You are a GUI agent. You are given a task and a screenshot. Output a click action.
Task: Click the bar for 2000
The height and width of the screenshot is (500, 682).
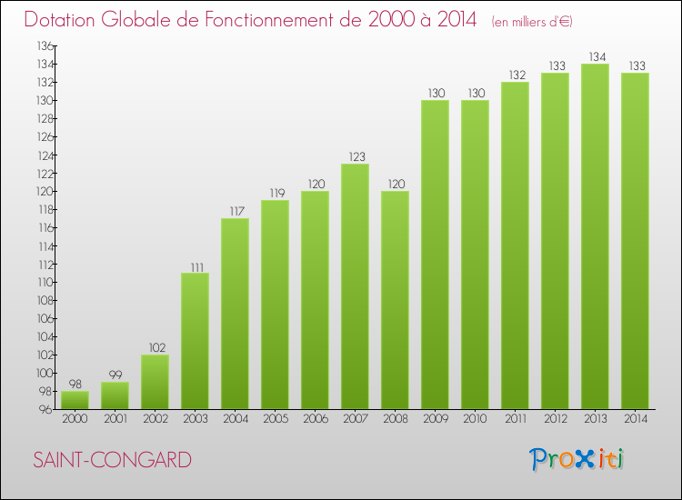pyautogui.click(x=75, y=399)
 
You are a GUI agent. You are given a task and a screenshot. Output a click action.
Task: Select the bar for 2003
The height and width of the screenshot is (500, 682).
pyautogui.click(x=195, y=341)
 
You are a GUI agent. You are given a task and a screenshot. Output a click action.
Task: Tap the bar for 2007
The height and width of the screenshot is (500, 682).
pyautogui.click(x=355, y=286)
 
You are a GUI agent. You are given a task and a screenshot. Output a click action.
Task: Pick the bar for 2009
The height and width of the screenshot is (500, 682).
pyautogui.click(x=435, y=255)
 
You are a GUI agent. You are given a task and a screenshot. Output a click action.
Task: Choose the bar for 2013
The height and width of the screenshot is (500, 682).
pyautogui.click(x=595, y=236)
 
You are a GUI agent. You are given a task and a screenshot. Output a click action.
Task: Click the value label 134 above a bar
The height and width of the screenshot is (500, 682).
pyautogui.click(x=595, y=56)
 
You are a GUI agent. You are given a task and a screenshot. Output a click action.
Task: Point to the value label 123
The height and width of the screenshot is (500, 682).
pyautogui.click(x=355, y=156)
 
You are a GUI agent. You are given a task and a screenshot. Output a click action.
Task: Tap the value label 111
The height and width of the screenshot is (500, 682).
pyautogui.click(x=195, y=265)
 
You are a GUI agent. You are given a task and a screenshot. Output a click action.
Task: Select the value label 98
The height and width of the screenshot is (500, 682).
pyautogui.click(x=75, y=384)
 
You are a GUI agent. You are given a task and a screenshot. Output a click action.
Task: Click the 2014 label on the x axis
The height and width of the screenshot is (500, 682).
pyautogui.click(x=635, y=418)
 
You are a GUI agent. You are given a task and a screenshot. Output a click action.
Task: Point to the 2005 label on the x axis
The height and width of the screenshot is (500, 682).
pyautogui.click(x=275, y=418)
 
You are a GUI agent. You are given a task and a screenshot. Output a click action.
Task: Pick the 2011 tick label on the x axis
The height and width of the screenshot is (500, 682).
pyautogui.click(x=515, y=418)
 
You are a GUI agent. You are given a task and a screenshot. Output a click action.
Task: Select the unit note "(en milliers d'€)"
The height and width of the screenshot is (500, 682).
pyautogui.click(x=532, y=21)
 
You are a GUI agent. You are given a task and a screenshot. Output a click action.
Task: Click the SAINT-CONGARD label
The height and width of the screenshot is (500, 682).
pyautogui.click(x=112, y=460)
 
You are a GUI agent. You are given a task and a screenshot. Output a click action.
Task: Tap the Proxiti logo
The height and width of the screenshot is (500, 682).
pyautogui.click(x=577, y=459)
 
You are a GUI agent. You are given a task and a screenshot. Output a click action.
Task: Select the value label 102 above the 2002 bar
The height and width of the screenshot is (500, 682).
pyautogui.click(x=155, y=347)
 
